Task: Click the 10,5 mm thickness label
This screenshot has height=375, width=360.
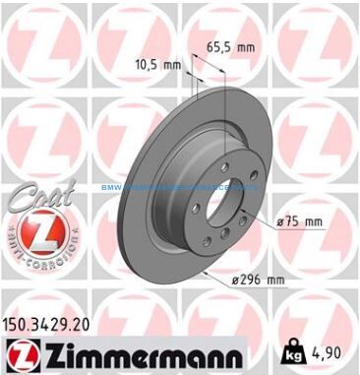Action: coord(156,66)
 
